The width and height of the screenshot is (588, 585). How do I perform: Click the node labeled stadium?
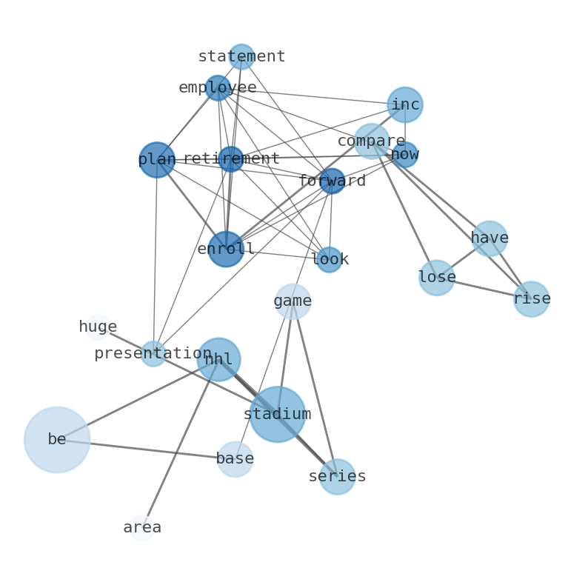(277, 415)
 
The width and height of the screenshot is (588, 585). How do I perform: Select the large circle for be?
(57, 440)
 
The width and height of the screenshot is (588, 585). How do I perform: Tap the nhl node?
(218, 360)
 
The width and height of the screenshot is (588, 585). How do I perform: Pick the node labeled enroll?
(226, 249)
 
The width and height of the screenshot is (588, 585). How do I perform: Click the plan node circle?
(157, 160)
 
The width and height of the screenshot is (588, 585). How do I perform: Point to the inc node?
(405, 105)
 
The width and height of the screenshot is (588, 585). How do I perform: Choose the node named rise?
(532, 299)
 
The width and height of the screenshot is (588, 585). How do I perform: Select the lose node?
(437, 278)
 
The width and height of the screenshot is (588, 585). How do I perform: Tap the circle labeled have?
(490, 238)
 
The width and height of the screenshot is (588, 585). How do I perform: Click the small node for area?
(142, 528)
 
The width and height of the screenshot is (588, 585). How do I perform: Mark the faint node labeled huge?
(98, 327)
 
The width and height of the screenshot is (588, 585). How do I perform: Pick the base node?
(235, 459)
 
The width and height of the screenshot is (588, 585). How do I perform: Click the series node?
(337, 477)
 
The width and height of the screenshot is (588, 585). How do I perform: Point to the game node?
(293, 301)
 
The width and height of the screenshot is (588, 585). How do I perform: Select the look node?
(330, 260)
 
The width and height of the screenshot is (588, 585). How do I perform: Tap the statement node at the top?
(241, 57)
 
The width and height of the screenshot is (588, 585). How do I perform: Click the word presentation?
(153, 354)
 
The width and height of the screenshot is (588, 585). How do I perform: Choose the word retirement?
(231, 159)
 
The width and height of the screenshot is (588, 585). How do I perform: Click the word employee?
(218, 88)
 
